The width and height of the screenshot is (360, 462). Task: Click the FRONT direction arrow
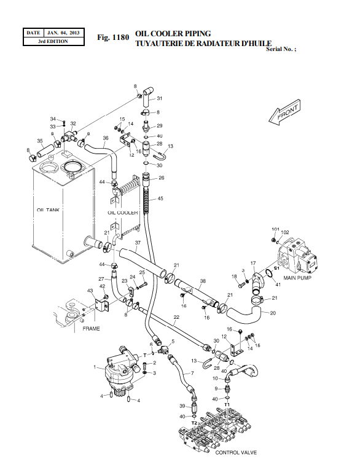(284, 114)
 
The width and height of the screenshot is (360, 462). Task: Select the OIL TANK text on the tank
(49, 210)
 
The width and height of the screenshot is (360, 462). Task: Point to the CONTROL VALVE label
(235, 452)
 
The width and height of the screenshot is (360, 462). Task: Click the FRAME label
(91, 329)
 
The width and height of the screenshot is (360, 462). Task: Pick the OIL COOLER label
(122, 213)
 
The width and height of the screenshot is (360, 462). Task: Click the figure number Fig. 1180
(113, 37)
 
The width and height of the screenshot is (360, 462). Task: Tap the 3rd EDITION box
(53, 41)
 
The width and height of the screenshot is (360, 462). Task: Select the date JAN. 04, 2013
(63, 33)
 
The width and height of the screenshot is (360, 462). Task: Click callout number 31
(159, 98)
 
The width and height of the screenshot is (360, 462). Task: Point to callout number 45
(160, 198)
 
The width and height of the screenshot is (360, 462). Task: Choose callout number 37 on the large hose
(138, 243)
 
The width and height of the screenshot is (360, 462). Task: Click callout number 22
(176, 318)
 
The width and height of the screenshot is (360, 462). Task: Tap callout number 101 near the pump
(275, 229)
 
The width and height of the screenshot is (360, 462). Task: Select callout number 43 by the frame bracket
(90, 291)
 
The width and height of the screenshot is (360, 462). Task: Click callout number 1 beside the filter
(95, 367)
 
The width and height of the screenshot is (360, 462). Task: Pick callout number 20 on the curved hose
(273, 312)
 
